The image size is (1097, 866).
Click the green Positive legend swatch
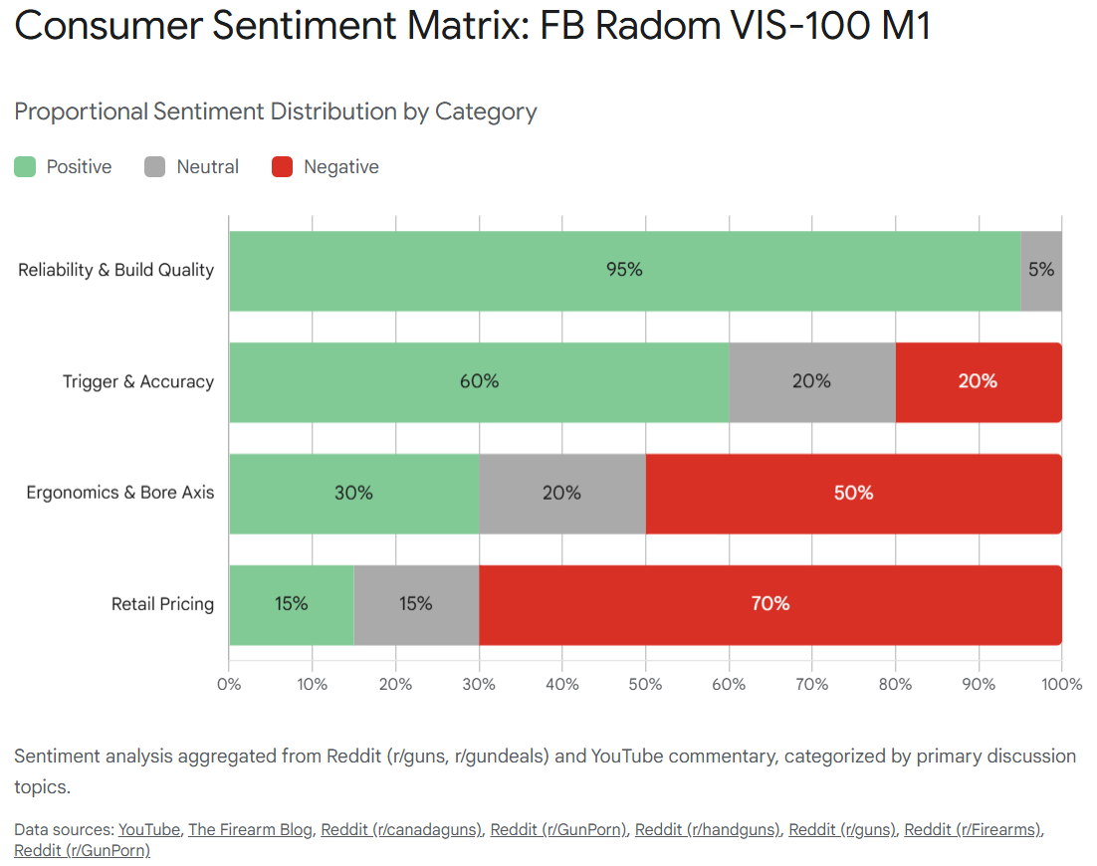tap(25, 167)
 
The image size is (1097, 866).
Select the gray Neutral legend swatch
tap(154, 167)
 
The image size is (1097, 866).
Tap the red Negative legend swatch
tap(282, 167)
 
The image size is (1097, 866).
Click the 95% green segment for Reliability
tap(624, 271)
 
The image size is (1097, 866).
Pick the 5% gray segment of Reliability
tap(1041, 271)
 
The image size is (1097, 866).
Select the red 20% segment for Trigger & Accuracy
tap(978, 382)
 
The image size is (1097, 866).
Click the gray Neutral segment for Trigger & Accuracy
tap(811, 382)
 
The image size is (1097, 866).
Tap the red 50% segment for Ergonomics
tap(853, 494)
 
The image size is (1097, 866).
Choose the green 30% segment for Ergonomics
tap(353, 494)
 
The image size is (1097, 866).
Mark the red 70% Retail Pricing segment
tap(769, 604)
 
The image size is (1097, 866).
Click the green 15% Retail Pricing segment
tap(291, 604)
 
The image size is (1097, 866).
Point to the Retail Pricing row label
tap(162, 604)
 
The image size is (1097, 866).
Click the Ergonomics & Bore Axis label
tap(119, 493)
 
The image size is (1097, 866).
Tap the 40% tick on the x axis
tap(562, 685)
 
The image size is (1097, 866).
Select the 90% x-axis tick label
tap(979, 685)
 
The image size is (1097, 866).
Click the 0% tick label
tap(229, 685)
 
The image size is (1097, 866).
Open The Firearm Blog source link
tap(250, 829)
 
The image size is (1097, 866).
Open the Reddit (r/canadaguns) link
tap(401, 829)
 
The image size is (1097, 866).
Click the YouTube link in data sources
tap(149, 829)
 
